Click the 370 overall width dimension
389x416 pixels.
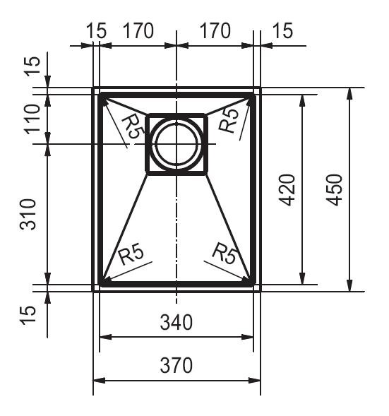pyautogui.click(x=176, y=365)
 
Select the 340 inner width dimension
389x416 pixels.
pyautogui.click(x=176, y=322)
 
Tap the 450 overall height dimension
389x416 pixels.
pyautogui.click(x=335, y=190)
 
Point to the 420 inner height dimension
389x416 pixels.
pyautogui.click(x=287, y=190)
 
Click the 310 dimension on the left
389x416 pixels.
pyautogui.click(x=28, y=214)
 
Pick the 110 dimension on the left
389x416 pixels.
pyautogui.click(x=32, y=119)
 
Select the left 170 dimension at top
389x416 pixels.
pyautogui.click(x=138, y=30)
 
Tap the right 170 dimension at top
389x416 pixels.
pyautogui.click(x=215, y=30)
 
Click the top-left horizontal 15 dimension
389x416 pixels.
pyautogui.click(x=97, y=30)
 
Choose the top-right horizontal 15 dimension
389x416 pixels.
pyautogui.click(x=282, y=30)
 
